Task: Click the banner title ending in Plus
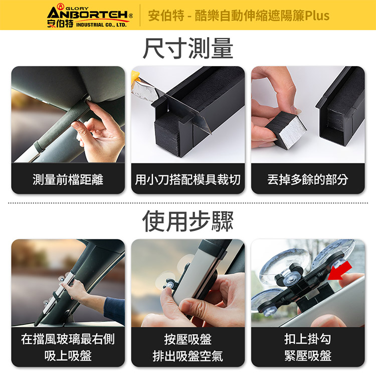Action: (239, 16)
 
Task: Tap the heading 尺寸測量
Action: (188, 48)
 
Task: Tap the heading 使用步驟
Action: (188, 221)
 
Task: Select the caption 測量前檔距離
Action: (68, 179)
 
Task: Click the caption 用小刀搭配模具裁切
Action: (188, 179)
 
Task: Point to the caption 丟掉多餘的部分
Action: (308, 179)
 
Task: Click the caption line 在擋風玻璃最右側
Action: (68, 339)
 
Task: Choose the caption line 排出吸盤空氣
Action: (188, 356)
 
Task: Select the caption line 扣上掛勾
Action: (308, 339)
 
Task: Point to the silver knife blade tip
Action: (210, 133)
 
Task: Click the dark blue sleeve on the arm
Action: (114, 310)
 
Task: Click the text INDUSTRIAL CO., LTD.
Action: (101, 25)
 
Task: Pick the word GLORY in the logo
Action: (77, 9)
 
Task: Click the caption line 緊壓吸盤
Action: (308, 356)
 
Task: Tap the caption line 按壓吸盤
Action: (188, 339)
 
